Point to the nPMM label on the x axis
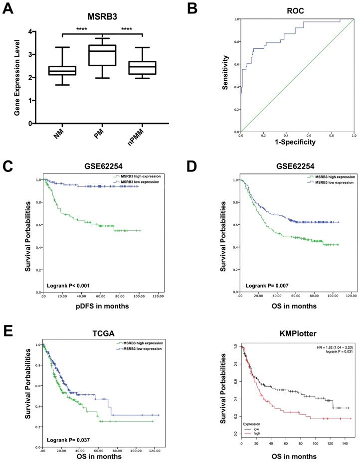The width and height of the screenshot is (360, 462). pyautogui.click(x=141, y=136)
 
